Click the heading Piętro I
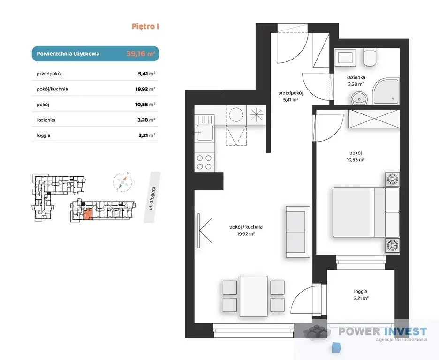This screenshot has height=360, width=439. click(145, 27)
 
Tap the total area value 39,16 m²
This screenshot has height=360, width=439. click(141, 53)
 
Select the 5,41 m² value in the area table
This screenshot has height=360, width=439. click(147, 74)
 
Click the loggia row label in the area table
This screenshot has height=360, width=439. click(44, 135)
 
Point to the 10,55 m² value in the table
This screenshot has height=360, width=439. click(145, 105)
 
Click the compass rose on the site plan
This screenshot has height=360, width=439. click(122, 182)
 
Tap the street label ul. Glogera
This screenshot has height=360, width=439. click(152, 198)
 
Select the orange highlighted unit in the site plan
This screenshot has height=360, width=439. click(88, 214)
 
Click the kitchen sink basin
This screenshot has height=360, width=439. click(204, 133)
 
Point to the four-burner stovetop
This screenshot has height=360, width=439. click(204, 162)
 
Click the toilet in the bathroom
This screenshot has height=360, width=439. click(370, 58)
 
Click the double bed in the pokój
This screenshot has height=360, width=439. click(366, 212)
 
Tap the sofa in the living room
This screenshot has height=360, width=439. click(298, 232)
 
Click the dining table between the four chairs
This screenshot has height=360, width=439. click(254, 296)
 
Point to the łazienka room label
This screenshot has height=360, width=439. click(356, 77)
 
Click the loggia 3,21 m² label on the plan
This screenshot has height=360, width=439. click(361, 295)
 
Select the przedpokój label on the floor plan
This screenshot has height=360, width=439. click(291, 93)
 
